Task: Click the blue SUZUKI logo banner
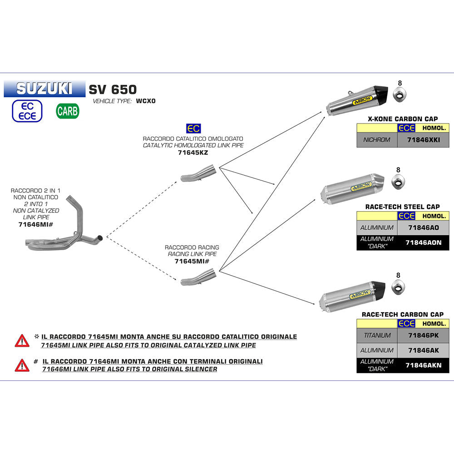44,88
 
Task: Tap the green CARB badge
68,111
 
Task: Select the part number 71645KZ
193,153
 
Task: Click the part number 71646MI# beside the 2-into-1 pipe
35,224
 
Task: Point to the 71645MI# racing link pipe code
192,262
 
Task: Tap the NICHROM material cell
377,140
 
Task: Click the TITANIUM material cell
377,336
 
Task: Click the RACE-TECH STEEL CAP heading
402,207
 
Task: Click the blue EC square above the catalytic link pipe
193,128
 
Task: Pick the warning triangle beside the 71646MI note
22,365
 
